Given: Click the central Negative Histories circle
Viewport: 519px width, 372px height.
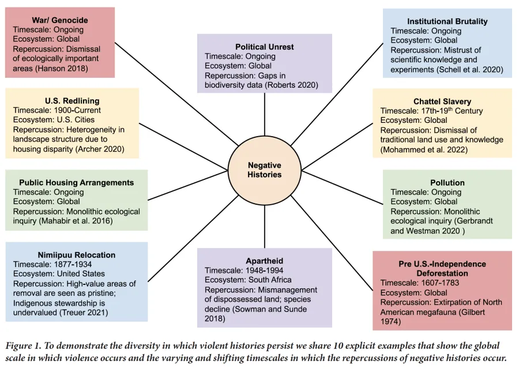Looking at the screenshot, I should coord(265,170).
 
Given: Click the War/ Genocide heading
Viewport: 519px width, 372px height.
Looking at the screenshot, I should coord(59,20).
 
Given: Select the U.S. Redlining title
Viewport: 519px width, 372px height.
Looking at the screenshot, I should coord(72,100).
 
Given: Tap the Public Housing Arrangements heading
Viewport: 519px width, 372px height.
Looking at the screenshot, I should coord(76,182).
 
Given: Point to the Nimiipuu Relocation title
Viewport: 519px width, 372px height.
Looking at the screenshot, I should coord(76,254).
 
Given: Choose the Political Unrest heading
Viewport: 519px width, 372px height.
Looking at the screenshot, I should coord(264,47).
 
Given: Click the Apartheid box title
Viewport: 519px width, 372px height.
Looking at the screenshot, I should coord(264,261).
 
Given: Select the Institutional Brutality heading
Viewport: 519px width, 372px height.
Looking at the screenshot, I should coord(447,21).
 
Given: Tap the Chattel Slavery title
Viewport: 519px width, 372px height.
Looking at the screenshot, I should coord(442,102).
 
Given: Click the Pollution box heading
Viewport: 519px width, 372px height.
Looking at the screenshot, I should coord(447,183).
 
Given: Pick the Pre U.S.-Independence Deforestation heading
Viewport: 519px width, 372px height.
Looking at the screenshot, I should coord(442,269).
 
